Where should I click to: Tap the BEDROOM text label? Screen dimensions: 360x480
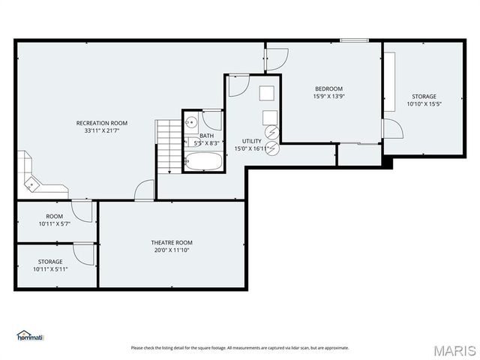328,88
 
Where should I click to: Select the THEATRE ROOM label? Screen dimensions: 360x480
172,242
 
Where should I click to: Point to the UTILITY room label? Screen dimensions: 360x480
251,141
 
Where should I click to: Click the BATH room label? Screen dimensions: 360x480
206,136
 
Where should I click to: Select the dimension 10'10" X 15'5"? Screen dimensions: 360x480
424,103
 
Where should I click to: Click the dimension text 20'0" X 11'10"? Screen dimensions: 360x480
172,250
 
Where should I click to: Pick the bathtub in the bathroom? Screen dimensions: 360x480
202,161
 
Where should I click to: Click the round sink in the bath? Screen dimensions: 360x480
192,122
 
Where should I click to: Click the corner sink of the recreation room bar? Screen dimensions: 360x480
31,182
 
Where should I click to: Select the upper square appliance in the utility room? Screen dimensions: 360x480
267,93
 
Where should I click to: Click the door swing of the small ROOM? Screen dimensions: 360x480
84,211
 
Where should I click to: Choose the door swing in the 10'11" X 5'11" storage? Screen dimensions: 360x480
85,254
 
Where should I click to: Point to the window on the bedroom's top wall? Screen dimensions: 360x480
352,40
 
